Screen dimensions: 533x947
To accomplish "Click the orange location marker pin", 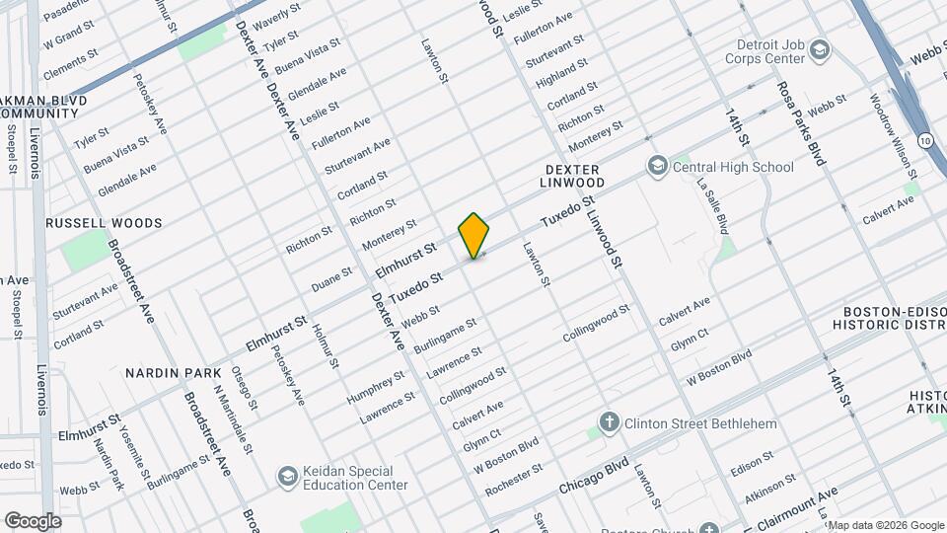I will click(474, 236).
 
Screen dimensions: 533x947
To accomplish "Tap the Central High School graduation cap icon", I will click(656, 167).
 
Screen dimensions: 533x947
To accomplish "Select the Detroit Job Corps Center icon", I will click(820, 49).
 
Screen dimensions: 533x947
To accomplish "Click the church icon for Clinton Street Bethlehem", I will click(610, 423).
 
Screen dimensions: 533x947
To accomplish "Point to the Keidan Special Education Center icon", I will click(288, 477).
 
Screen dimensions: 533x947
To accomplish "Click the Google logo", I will click(32, 521).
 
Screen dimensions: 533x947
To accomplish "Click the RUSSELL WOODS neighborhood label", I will click(104, 223).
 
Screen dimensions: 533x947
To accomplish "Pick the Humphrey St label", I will click(375, 386).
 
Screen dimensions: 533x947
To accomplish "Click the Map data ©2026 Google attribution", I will click(885, 525).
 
